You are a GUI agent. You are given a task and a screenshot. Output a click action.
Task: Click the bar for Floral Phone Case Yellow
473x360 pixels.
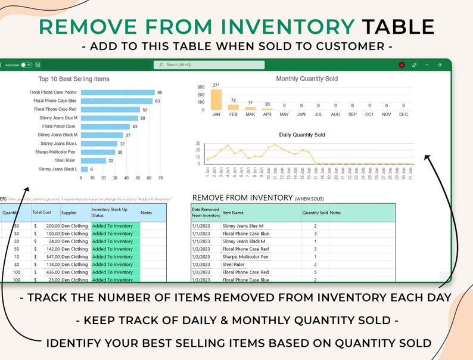click(117, 92)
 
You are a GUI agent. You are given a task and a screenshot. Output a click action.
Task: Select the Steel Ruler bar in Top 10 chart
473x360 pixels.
click(93, 160)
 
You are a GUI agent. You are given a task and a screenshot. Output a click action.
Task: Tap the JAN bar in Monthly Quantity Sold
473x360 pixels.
click(216, 100)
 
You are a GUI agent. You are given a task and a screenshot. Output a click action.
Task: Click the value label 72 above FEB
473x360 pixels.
click(233, 101)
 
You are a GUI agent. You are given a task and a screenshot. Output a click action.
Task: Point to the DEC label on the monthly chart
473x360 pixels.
click(403, 114)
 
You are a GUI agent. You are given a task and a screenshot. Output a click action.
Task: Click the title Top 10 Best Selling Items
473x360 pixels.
click(74, 79)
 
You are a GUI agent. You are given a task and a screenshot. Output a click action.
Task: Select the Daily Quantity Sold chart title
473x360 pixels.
click(302, 135)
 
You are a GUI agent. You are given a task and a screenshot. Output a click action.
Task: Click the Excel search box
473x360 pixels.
click(209, 64)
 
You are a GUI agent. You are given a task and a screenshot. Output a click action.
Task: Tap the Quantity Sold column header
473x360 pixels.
click(315, 212)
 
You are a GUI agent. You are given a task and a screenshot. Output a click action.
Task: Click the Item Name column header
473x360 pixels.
click(233, 212)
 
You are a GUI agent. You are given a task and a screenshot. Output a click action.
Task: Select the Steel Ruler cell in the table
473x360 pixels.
click(233, 265)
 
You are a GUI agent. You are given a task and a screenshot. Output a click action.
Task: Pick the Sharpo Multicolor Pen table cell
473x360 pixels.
click(245, 257)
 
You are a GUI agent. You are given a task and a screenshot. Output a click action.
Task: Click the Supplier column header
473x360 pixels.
click(69, 212)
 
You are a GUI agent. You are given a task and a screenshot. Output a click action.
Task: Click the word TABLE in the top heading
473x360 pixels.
click(398, 26)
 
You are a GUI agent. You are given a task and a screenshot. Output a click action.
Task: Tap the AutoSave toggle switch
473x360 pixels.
click(26, 64)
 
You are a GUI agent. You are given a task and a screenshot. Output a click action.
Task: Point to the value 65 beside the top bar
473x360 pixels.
click(160, 92)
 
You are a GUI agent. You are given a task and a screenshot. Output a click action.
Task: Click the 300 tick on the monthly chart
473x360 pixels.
click(201, 87)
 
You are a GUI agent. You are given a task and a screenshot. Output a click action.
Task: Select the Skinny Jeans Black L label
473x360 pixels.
click(58, 169)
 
